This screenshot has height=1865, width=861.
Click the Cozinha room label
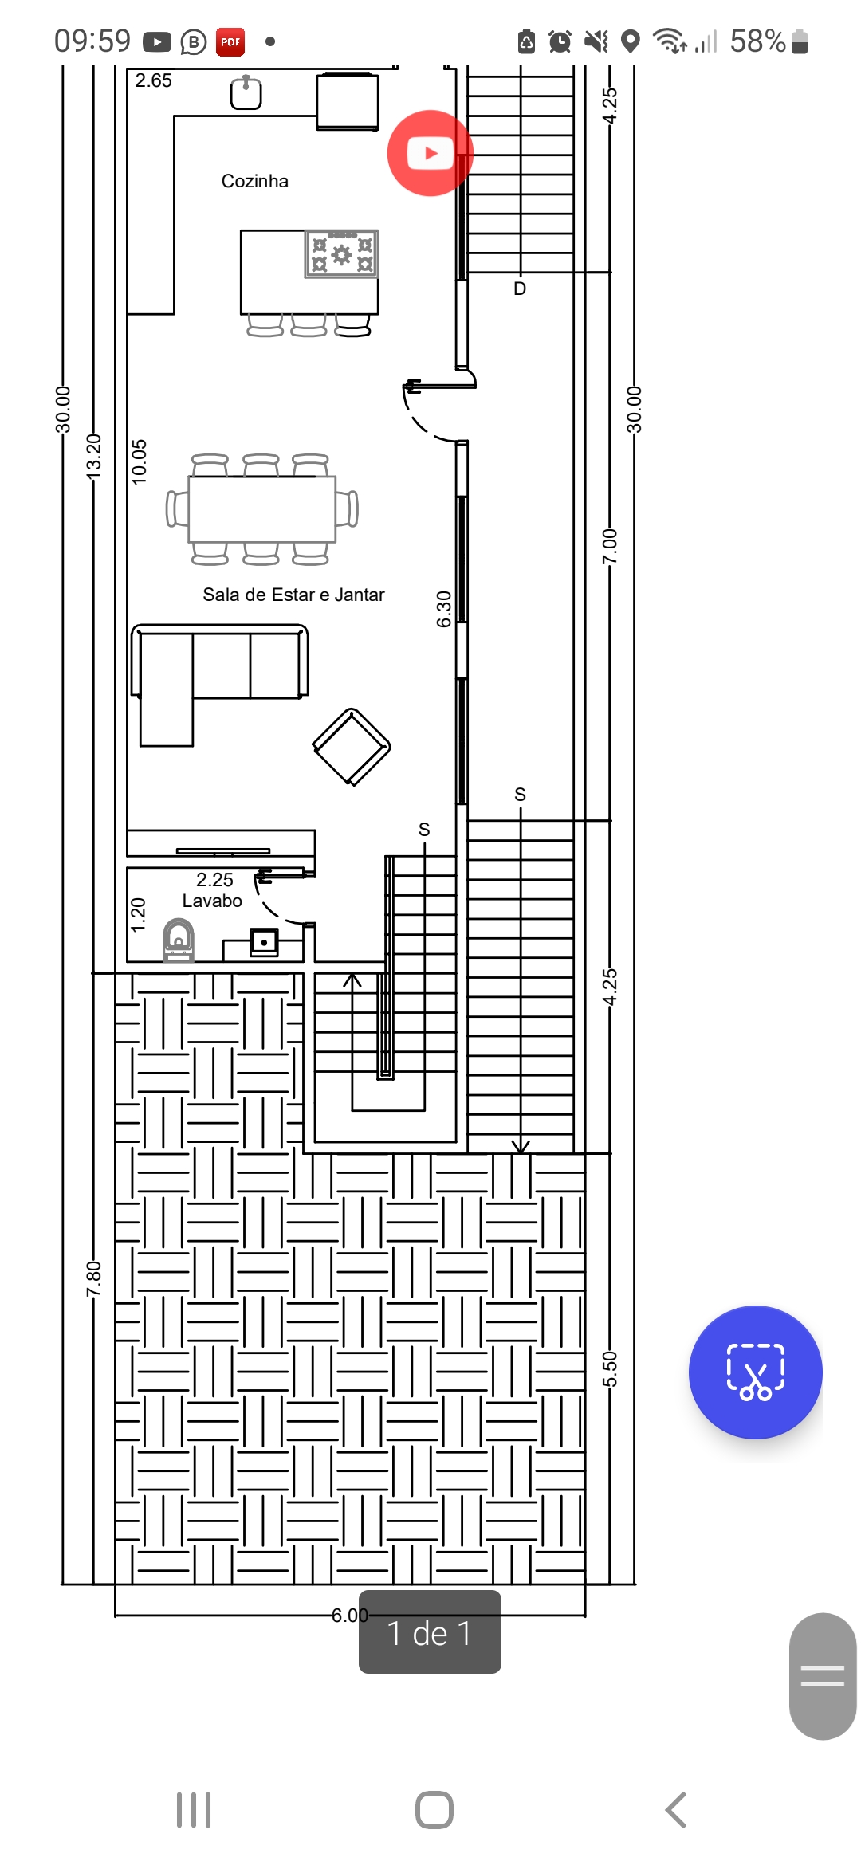(255, 181)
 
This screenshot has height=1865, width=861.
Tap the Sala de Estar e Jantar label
(293, 595)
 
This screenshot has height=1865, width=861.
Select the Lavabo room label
(212, 901)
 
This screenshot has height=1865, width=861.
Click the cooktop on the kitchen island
(342, 254)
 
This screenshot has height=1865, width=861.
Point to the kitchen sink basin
(246, 92)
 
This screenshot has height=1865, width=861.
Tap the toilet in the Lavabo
(179, 940)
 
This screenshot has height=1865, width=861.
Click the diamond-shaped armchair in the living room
(352, 747)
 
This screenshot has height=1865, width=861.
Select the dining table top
(262, 509)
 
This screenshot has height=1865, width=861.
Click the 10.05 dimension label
(140, 462)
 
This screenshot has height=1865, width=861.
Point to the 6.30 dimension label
(444, 609)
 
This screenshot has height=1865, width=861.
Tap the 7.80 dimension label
(94, 1278)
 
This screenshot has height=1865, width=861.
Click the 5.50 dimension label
(610, 1369)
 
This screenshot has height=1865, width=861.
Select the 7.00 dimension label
(610, 546)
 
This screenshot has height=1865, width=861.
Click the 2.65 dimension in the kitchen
(153, 80)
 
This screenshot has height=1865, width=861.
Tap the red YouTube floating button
(431, 153)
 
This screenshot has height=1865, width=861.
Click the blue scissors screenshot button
(756, 1372)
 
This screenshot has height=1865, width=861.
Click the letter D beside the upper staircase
(520, 289)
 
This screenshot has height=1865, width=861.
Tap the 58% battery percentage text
(758, 41)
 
